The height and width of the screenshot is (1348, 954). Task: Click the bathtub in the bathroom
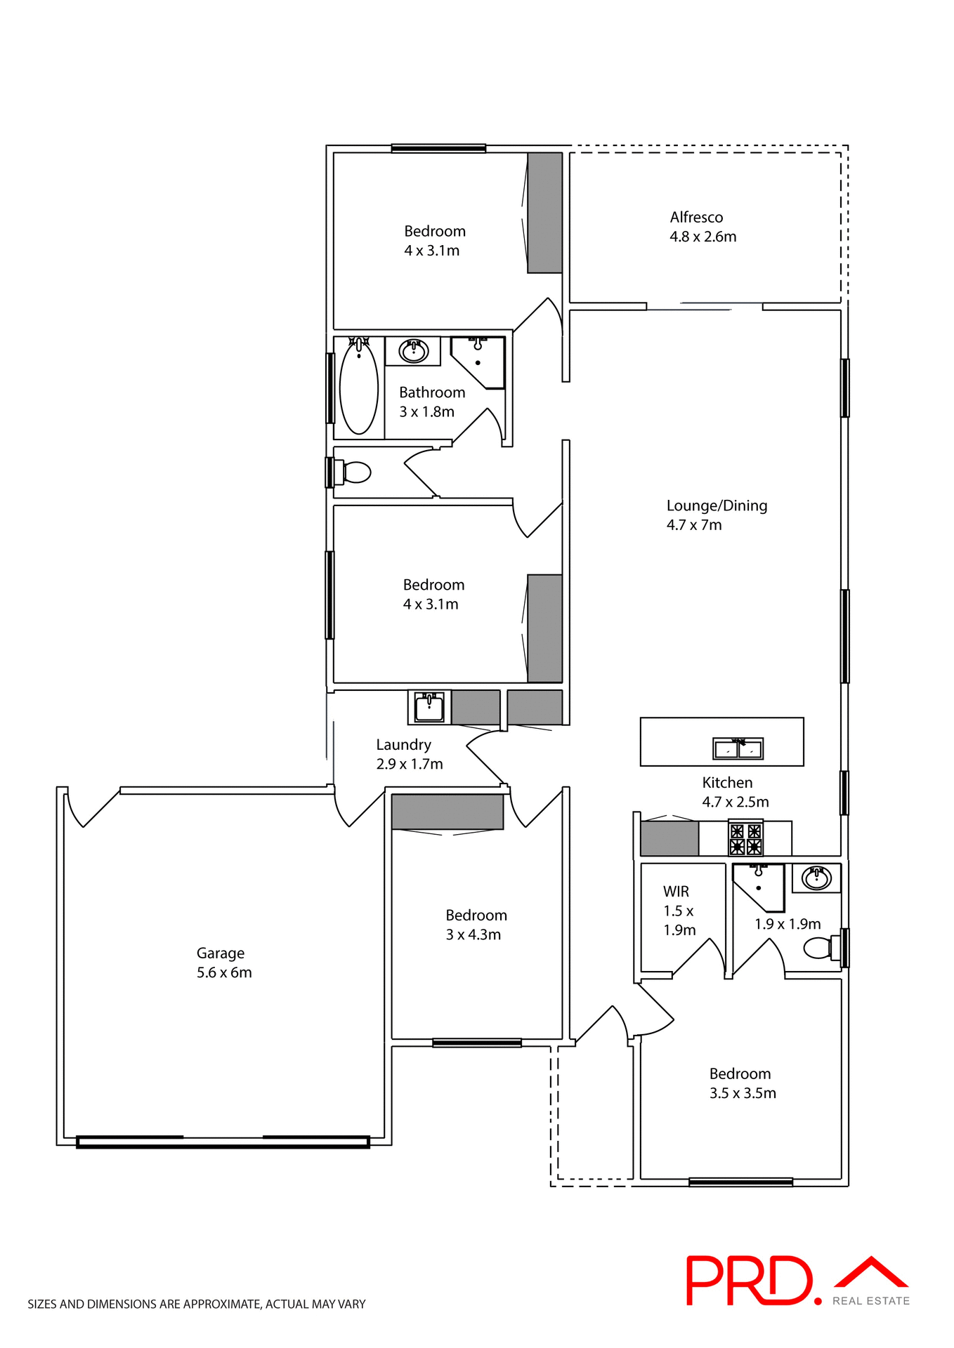tap(358, 387)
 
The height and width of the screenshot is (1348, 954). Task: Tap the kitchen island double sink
tap(738, 749)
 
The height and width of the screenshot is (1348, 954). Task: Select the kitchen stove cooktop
tap(745, 840)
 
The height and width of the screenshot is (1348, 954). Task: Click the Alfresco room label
tap(696, 218)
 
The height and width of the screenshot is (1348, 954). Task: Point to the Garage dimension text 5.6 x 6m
tap(224, 972)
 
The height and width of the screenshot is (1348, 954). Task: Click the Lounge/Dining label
tap(717, 505)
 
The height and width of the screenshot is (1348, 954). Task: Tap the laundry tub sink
tap(429, 707)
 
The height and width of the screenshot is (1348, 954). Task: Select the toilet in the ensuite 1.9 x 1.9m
tap(821, 948)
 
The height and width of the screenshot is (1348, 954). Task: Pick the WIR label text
tap(676, 892)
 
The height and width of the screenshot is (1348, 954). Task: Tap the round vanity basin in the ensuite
tap(817, 878)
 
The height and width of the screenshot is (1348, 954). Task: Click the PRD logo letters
tap(749, 1281)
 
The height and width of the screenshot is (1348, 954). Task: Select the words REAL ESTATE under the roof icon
tap(871, 1301)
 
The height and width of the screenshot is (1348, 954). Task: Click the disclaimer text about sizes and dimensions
tap(197, 1304)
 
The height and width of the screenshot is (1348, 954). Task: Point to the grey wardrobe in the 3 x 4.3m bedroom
tap(447, 812)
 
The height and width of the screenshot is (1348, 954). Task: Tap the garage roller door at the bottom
tap(223, 1142)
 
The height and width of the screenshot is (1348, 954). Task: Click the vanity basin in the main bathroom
tap(414, 350)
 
